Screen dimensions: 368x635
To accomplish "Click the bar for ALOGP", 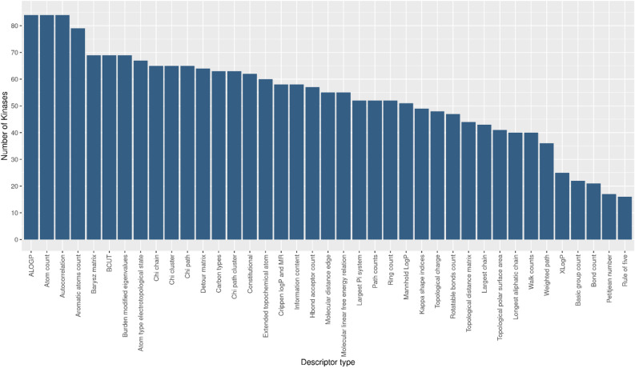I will tap(31, 127).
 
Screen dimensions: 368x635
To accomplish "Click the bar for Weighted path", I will tap(546, 191).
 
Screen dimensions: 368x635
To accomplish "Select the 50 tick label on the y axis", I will tap(13, 106).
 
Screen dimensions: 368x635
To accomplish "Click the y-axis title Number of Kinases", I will tap(6, 128).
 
